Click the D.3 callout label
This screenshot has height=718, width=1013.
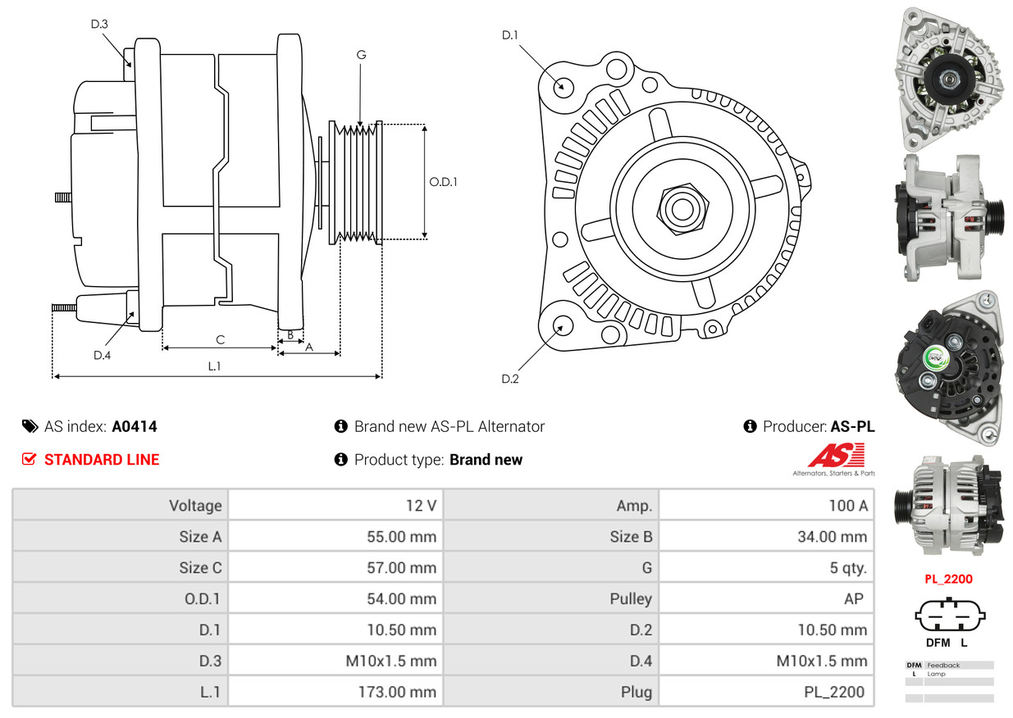(x=99, y=24)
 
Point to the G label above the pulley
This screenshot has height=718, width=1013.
(x=361, y=55)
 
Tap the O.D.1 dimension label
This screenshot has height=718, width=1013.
(x=443, y=182)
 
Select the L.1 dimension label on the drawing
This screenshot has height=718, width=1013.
(x=213, y=366)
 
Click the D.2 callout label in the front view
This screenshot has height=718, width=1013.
(x=510, y=379)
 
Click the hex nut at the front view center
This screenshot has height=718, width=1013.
(x=680, y=207)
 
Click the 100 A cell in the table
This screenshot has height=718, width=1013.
(x=847, y=506)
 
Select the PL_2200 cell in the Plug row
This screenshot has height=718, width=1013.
(x=833, y=692)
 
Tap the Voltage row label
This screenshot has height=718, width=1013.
(x=195, y=506)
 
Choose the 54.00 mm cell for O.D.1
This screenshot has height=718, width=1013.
(x=401, y=599)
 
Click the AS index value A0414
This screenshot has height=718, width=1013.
(x=135, y=426)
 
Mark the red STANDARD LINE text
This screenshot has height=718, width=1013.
(x=102, y=460)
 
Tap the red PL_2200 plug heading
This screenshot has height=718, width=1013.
(x=948, y=579)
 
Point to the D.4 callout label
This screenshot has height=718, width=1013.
(x=102, y=355)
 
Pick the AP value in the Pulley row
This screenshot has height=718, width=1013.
(x=853, y=599)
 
